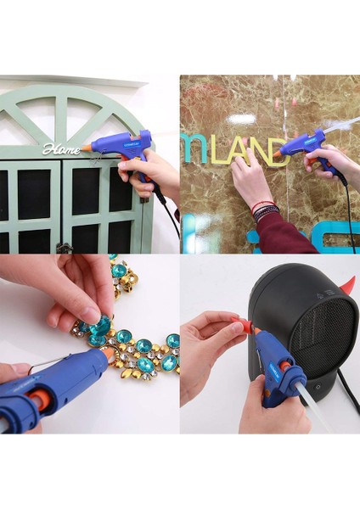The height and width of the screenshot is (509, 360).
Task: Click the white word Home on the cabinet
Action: point(61,149)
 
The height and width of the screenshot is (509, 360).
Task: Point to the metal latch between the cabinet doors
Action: point(63,246)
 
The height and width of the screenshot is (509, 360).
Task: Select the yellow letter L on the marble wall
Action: point(219,154)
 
